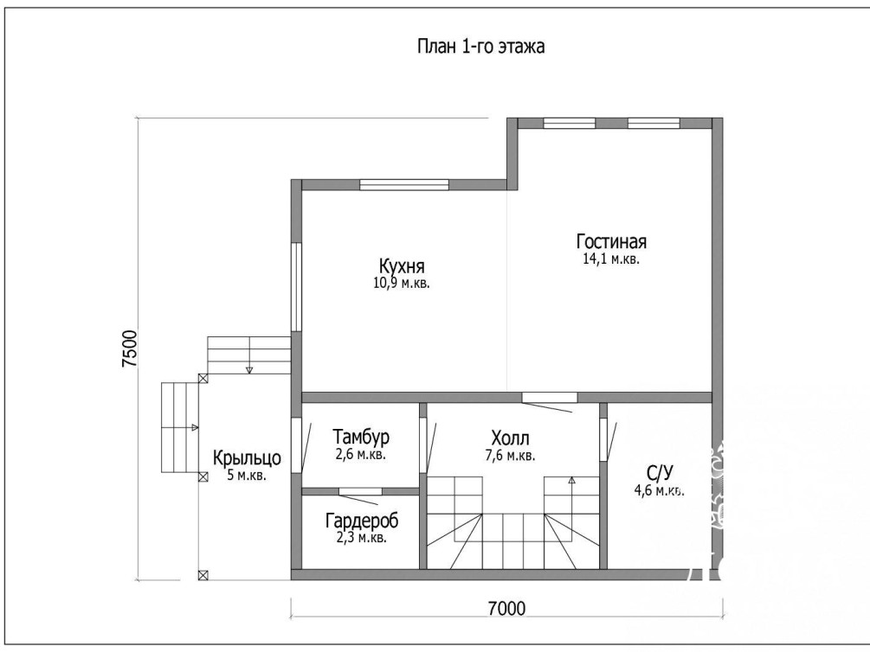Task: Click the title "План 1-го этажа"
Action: click(480, 46)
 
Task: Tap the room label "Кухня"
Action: click(402, 266)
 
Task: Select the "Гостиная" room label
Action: click(611, 242)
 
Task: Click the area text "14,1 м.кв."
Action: click(611, 259)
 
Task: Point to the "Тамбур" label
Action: click(361, 437)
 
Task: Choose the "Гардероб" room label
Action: click(362, 521)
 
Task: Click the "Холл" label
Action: click(510, 438)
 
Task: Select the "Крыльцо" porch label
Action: click(247, 458)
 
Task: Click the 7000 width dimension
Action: click(506, 609)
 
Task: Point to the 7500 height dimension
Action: click(129, 348)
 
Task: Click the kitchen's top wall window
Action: click(404, 185)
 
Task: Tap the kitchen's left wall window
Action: click(296, 286)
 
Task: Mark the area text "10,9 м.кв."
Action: click(402, 284)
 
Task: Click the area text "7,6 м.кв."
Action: click(510, 457)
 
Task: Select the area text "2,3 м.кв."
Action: click(362, 538)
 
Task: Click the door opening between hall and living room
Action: click(549, 397)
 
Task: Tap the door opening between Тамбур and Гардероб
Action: click(360, 491)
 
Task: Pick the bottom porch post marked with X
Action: click(203, 575)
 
